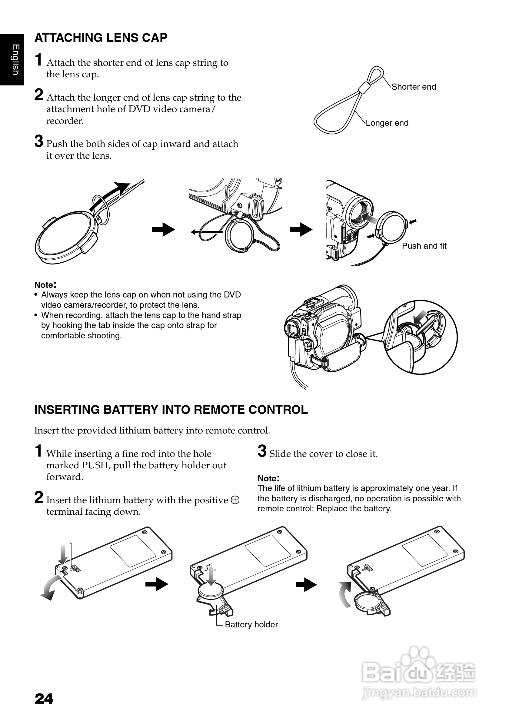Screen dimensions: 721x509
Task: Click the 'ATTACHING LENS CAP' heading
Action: (x=101, y=38)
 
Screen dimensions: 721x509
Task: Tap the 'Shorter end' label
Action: (x=414, y=87)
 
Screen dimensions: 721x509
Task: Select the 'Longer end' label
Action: (x=387, y=123)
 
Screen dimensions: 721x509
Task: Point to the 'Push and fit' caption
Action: (x=424, y=246)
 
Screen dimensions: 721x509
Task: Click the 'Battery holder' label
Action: (x=251, y=625)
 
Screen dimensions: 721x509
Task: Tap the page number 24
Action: (x=44, y=699)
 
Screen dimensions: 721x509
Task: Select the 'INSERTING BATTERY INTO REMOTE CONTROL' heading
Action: (x=171, y=410)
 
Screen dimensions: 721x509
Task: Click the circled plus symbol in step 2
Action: (x=235, y=500)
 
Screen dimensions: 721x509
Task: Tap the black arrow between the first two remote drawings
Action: (x=157, y=585)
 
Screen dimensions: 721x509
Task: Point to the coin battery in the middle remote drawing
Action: (x=211, y=591)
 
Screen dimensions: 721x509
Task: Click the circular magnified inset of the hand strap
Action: (x=421, y=337)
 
